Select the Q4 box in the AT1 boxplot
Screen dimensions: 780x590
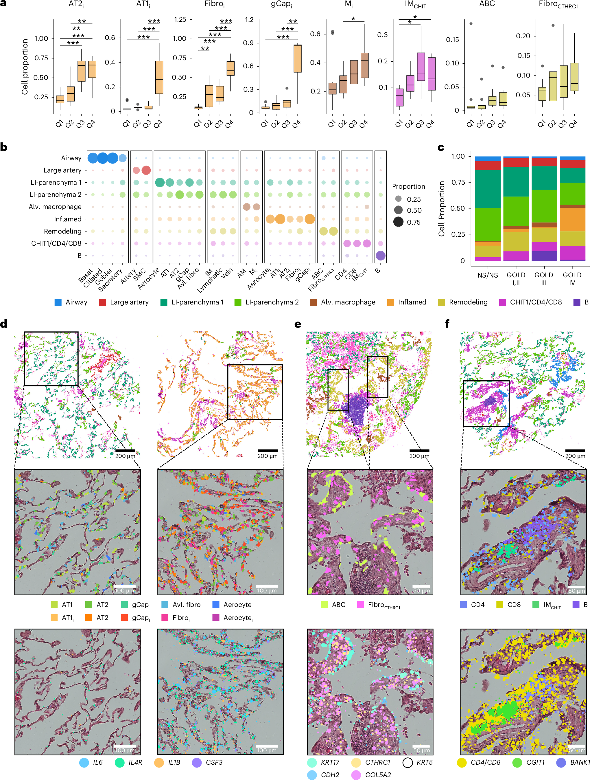[159, 77]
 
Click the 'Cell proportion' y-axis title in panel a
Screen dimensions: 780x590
[25, 67]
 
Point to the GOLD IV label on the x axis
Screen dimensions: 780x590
[572, 278]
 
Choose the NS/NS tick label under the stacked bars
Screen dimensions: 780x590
[487, 275]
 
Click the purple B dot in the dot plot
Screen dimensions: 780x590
[380, 256]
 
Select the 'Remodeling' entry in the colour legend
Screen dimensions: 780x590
[468, 302]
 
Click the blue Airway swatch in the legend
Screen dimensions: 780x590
[58, 302]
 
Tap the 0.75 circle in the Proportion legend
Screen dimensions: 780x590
[398, 222]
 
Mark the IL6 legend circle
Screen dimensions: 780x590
[84, 762]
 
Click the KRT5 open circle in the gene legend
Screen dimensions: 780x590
[408, 762]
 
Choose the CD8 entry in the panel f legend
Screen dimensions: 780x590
[514, 605]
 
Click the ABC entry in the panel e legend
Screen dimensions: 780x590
[338, 605]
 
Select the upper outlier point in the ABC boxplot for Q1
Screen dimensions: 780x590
[471, 24]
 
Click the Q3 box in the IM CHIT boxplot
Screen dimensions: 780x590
[421, 67]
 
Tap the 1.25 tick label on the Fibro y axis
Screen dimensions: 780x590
[180, 20]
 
